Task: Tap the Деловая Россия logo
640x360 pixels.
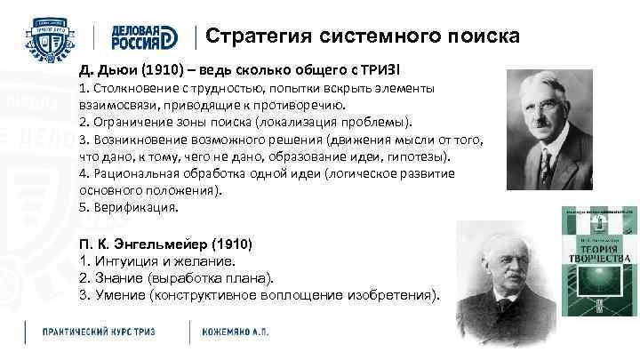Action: [x=144, y=36]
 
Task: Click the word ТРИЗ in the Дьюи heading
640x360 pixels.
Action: [x=381, y=69]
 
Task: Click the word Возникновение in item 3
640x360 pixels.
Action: [x=139, y=140]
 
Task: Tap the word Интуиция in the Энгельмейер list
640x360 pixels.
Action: [x=125, y=261]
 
